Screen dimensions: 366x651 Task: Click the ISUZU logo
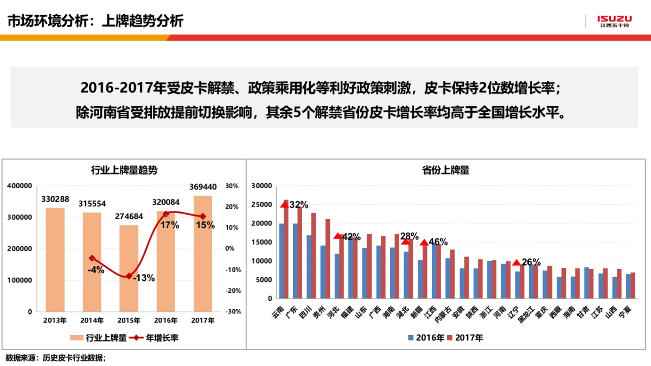(614, 21)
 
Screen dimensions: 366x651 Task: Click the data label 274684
(129, 216)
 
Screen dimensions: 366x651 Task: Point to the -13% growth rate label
(143, 278)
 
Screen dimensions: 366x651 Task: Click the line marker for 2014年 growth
(92, 258)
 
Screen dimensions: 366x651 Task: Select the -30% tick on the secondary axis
(232, 312)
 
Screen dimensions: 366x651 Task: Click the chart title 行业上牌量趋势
(124, 170)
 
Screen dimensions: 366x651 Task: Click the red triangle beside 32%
(284, 204)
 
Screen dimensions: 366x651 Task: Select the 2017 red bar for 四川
(314, 255)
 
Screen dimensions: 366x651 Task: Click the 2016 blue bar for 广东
(295, 261)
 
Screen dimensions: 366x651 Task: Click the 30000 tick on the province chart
(261, 186)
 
